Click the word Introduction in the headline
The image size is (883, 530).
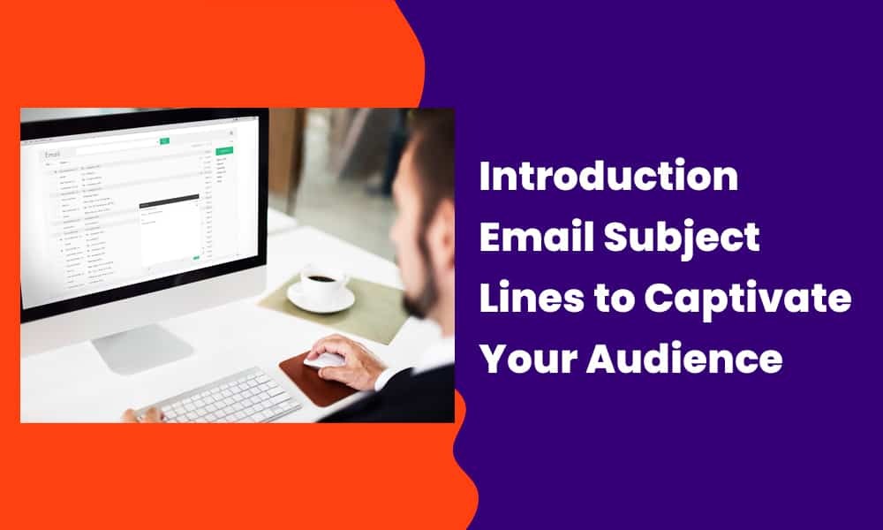pos(608,177)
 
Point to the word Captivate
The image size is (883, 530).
pos(747,299)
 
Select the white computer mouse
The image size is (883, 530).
pos(323,360)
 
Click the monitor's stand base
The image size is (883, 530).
pos(141,349)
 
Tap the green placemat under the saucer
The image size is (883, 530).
pos(353,305)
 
